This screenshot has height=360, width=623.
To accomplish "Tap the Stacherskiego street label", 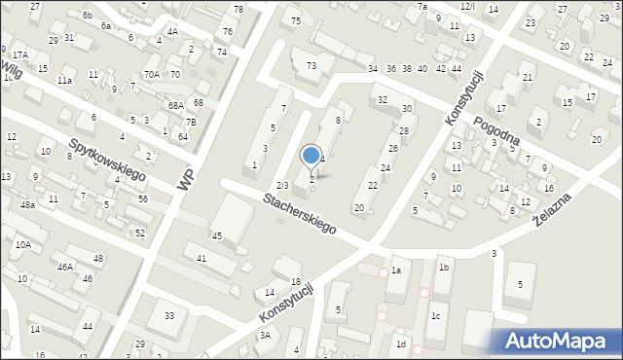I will (x=298, y=214).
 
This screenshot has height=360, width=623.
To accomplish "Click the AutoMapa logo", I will (x=560, y=341).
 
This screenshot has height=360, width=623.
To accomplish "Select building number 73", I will (x=311, y=65).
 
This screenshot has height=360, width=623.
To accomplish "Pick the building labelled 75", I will (x=295, y=20).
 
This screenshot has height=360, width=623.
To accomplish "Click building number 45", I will (x=217, y=235).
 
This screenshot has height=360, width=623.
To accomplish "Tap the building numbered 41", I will (x=202, y=258).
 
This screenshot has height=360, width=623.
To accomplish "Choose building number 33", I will (x=168, y=315).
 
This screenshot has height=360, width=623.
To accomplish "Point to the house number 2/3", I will (x=282, y=185).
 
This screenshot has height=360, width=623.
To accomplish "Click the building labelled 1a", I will (x=396, y=270).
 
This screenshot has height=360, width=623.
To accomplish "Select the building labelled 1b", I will (x=443, y=267).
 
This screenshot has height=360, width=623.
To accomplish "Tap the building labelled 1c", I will (x=436, y=316).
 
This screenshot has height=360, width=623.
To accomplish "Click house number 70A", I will (x=151, y=74).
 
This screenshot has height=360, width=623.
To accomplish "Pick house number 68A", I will (x=175, y=105).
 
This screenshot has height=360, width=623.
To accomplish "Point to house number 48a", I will (x=28, y=205).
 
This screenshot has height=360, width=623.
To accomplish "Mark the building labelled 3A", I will (x=264, y=335).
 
